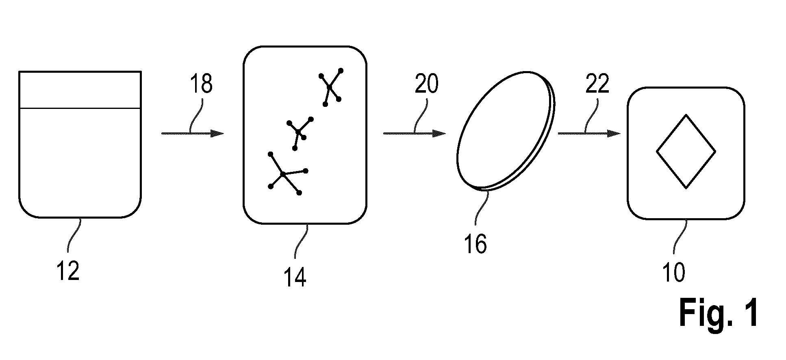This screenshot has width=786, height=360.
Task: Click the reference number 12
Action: coord(68,271)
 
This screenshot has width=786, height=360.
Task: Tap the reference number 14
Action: coord(295,278)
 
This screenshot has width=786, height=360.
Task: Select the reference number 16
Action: coord(475,244)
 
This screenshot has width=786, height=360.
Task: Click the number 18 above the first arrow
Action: coord(201,84)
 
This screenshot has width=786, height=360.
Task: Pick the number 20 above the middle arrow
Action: coord(427,84)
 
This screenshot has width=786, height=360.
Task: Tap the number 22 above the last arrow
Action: coord(597,84)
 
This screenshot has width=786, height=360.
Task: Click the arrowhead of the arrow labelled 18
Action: coord(217,133)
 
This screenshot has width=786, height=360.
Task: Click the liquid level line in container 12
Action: coord(80,108)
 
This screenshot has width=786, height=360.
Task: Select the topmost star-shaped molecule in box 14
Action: coord(330,87)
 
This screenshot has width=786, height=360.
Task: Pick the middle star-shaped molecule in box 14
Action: coord(299,132)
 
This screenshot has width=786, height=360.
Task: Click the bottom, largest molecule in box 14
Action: coord(283,174)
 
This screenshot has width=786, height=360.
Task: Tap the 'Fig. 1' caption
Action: coord(718,313)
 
